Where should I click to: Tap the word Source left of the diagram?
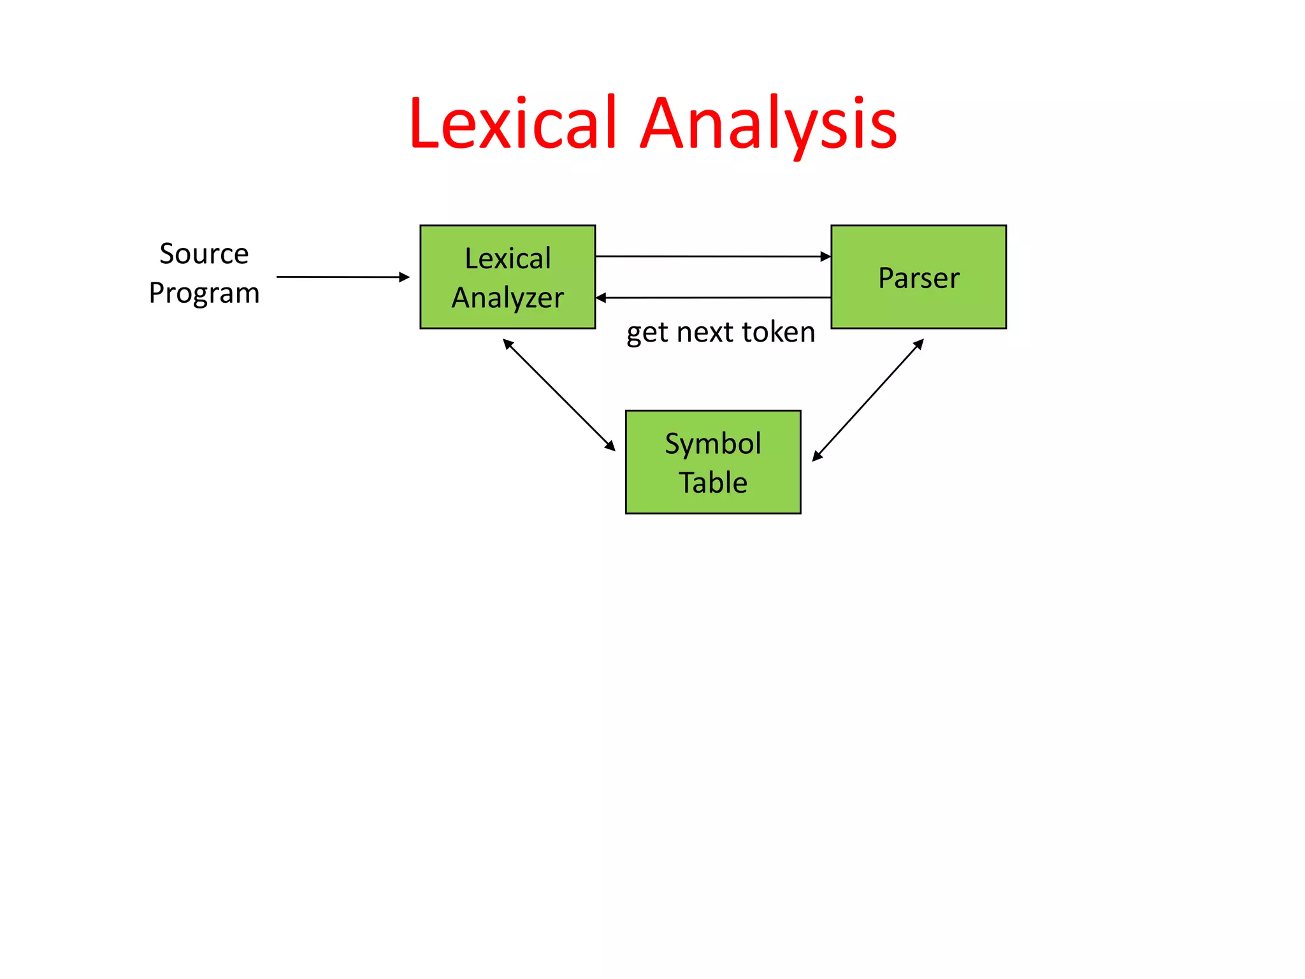(204, 254)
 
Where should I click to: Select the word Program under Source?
(204, 293)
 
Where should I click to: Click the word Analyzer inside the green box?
(508, 298)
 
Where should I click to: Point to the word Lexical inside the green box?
(508, 258)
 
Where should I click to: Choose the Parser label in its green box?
(918, 278)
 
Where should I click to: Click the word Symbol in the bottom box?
(712, 444)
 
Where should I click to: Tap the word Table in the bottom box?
(712, 482)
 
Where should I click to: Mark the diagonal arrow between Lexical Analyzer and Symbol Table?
(559, 395)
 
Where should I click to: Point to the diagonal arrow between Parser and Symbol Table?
(868, 400)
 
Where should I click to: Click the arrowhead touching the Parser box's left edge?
(826, 256)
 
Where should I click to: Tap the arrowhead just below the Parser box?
(919, 344)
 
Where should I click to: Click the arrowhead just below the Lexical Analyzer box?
(508, 344)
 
